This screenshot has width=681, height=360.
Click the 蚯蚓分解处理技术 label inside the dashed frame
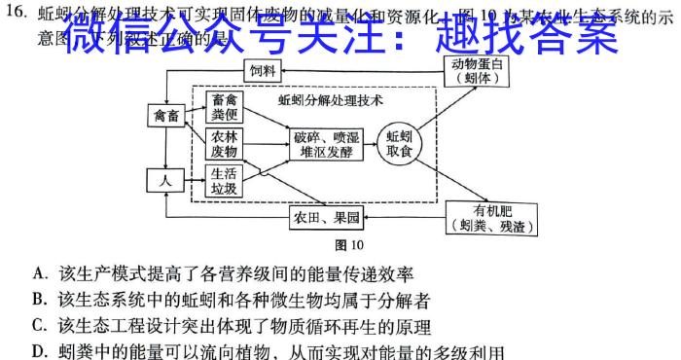330,99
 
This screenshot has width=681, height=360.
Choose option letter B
39,300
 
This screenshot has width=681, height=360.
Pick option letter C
39,326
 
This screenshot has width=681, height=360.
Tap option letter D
39,350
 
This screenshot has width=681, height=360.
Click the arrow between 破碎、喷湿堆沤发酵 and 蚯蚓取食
372,144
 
